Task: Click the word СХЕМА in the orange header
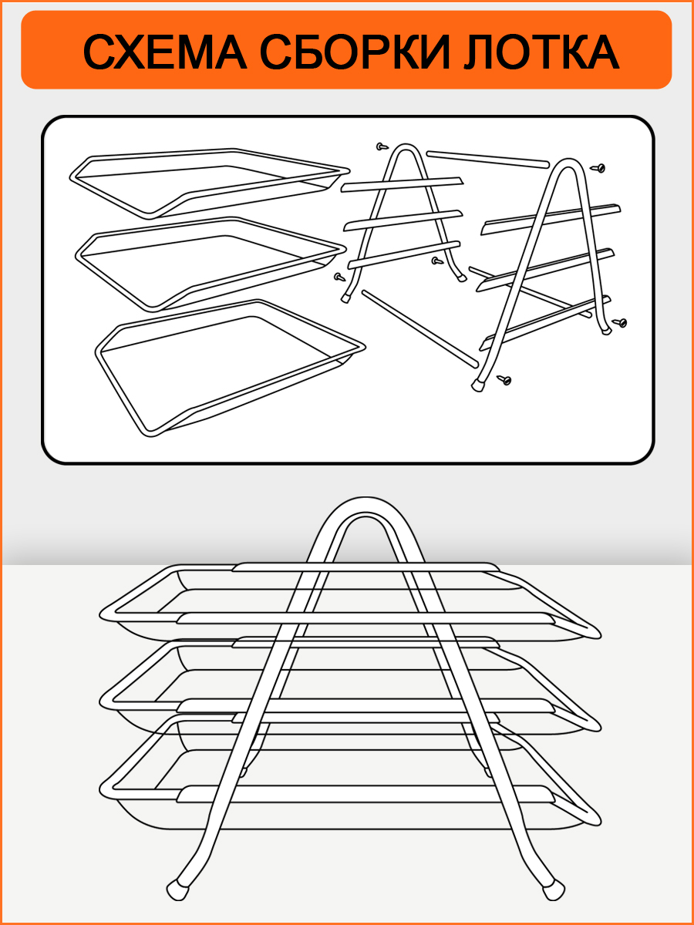pos(164,52)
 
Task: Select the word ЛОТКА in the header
pos(541,52)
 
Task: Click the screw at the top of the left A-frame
pos(382,146)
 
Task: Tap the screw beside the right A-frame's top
pos(598,168)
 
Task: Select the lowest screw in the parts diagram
pos(504,380)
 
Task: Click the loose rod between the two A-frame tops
pos(488,160)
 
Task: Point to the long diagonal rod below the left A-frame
pos(420,328)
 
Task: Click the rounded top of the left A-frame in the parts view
pos(406,146)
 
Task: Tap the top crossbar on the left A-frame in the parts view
pos(402,184)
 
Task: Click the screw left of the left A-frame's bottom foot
pos(339,277)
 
